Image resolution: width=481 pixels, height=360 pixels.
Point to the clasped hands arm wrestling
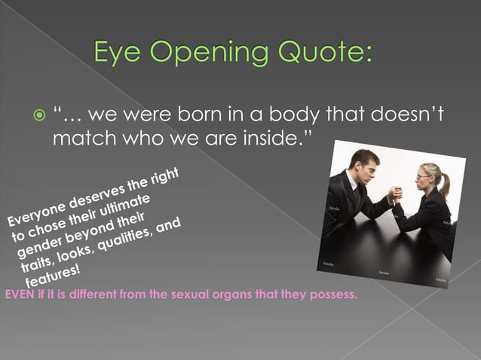pyautogui.click(x=394, y=195)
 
